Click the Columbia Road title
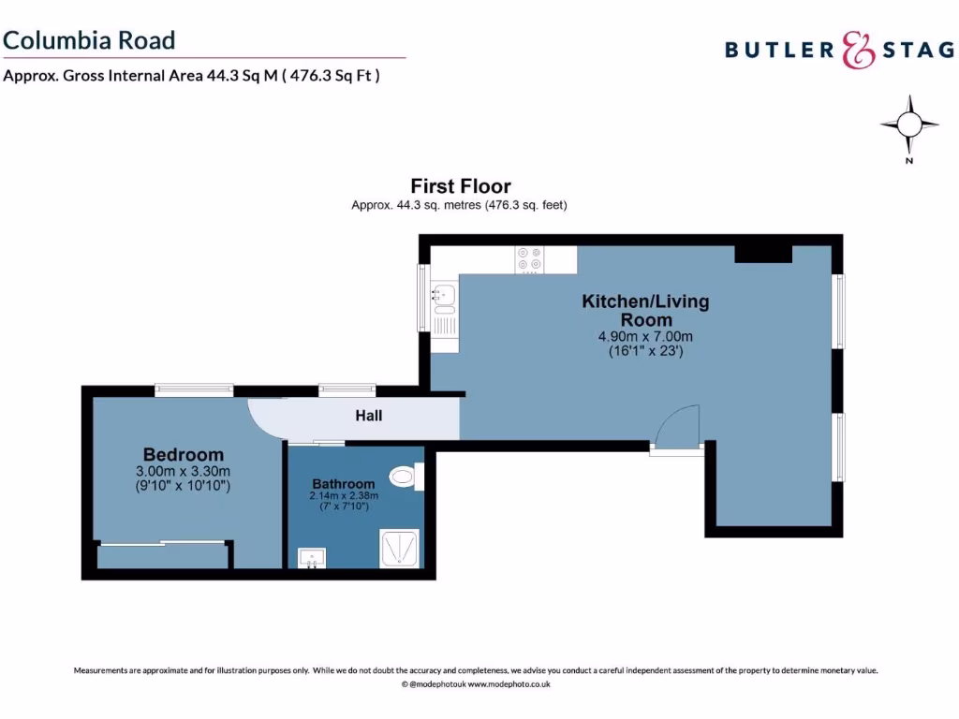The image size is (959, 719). coord(89,40)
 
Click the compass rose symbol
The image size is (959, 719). coord(908,125)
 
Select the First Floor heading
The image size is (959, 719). coord(461,186)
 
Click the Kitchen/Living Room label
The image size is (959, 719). coord(645,310)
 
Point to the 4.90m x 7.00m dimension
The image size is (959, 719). coord(645,337)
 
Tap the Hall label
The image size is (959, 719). coord(368,416)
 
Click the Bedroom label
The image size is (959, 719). coord(184,455)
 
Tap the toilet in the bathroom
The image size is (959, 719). coord(406,477)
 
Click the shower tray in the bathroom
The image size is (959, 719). coord(401,548)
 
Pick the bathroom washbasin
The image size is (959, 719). coord(311,558)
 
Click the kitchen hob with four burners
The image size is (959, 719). coord(528,259)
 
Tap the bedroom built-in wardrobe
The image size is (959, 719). coord(164,555)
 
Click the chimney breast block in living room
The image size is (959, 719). coord(763,254)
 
